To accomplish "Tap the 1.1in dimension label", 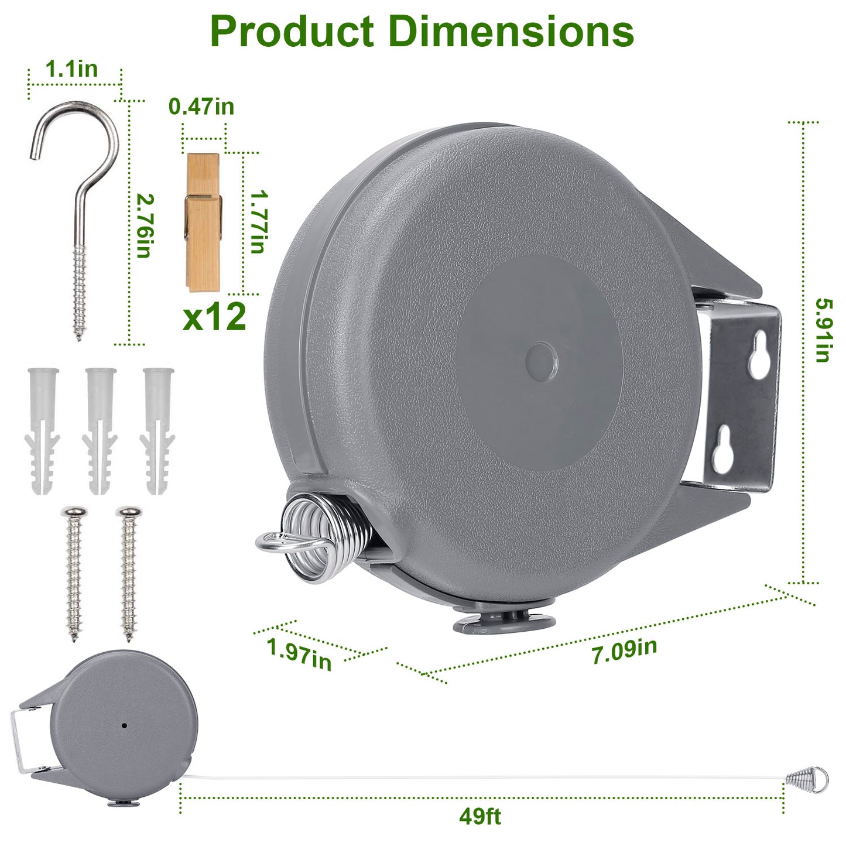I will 71,69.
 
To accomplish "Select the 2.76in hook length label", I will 144,225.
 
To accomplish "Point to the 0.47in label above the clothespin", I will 201,107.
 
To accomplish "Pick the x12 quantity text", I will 214,317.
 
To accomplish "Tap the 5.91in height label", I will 823,330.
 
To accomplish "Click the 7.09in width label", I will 624,650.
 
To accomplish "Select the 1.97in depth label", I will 299,653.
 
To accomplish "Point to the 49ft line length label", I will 479,816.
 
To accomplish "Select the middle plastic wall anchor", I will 100,430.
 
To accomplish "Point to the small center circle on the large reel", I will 542,360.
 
